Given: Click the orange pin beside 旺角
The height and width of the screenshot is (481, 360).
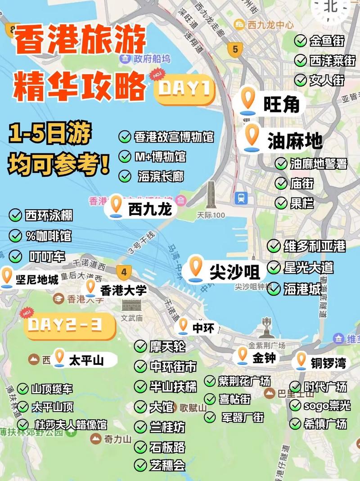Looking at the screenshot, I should click(247, 100).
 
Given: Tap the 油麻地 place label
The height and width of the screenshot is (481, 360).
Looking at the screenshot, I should click(295, 140).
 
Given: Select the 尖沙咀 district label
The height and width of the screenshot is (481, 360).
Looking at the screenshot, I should click(234, 272).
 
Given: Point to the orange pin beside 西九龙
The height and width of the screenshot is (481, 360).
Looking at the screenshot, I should click(116, 205).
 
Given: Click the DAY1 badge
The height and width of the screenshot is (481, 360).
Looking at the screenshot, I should click(185, 89).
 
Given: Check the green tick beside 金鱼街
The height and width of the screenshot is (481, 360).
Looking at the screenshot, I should click(301, 41).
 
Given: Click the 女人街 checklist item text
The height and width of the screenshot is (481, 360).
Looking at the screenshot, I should click(327, 80).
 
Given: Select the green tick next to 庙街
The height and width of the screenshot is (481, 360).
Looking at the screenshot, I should click(282, 183).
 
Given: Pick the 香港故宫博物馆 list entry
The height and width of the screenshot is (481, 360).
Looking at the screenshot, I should click(173, 137).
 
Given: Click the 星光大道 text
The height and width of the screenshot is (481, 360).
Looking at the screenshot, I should click(308, 267).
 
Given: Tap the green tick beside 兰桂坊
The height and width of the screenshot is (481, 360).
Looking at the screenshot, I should click(141, 427).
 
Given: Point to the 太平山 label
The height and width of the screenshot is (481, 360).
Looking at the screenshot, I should click(86, 360).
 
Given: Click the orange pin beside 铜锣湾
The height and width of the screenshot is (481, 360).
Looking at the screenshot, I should click(301, 360).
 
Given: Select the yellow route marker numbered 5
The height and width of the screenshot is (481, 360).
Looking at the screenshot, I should click(234, 49).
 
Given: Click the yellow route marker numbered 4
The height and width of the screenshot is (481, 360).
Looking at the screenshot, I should click(124, 272).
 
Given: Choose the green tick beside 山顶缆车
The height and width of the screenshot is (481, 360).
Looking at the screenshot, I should click(22, 389).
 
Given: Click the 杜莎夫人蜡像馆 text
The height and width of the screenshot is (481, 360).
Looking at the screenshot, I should click(70, 424).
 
